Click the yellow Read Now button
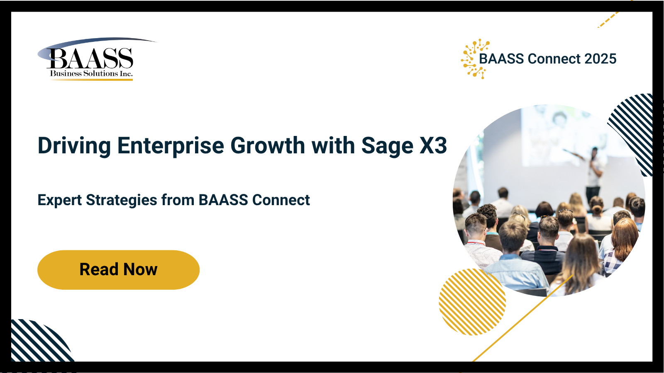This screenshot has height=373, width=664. pyautogui.click(x=118, y=270)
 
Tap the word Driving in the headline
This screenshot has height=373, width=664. pyautogui.click(x=74, y=145)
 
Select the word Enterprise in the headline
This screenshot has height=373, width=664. pyautogui.click(x=171, y=145)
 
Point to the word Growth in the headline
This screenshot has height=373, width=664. pyautogui.click(x=268, y=145)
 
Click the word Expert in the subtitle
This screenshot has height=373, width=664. pyautogui.click(x=59, y=200)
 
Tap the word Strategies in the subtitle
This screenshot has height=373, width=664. pyautogui.click(x=122, y=200)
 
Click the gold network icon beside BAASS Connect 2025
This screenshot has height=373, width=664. pyautogui.click(x=475, y=59)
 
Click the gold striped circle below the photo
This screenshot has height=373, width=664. pyautogui.click(x=472, y=302)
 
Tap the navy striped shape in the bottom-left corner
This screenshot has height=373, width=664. pyautogui.click(x=39, y=342)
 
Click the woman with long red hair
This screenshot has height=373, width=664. pyautogui.click(x=622, y=243)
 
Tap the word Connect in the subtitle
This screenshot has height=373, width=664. pyautogui.click(x=281, y=200)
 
